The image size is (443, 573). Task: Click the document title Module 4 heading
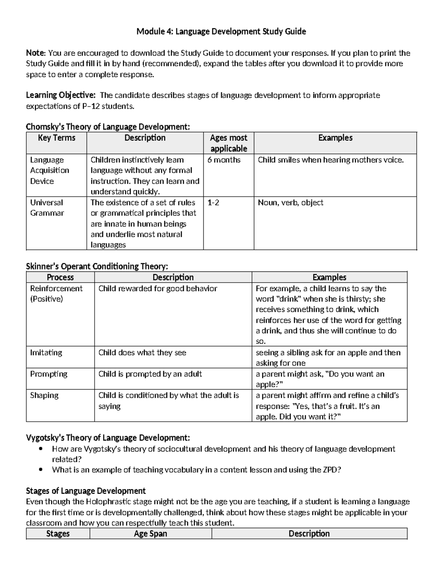click(x=221, y=32)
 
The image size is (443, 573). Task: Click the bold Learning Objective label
click(x=61, y=96)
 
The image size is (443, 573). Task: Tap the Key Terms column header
click(x=56, y=138)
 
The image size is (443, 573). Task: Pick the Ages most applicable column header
click(x=229, y=143)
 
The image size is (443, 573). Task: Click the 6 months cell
click(x=224, y=160)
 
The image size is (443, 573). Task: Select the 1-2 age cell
click(x=213, y=203)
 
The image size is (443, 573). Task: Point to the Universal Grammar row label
click(x=47, y=208)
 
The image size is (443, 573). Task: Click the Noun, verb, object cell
click(x=291, y=203)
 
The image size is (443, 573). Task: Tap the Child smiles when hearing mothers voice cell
click(x=331, y=160)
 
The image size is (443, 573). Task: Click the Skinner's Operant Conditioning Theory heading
click(x=97, y=266)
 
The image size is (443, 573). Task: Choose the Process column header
click(x=60, y=277)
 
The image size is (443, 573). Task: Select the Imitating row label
click(x=46, y=353)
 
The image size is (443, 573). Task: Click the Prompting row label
click(x=49, y=374)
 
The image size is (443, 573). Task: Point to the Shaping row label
click(x=44, y=396)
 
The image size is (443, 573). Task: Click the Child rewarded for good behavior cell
click(x=158, y=289)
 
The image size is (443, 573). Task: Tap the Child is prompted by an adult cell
click(x=150, y=374)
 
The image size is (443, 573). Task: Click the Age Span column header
click(x=151, y=534)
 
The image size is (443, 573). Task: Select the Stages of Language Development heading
click(x=86, y=491)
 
